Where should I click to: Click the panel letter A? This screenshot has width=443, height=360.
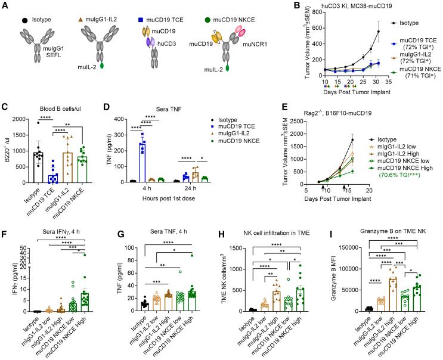coord(5,5)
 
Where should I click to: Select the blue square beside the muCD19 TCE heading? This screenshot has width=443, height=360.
coord(138,10)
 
